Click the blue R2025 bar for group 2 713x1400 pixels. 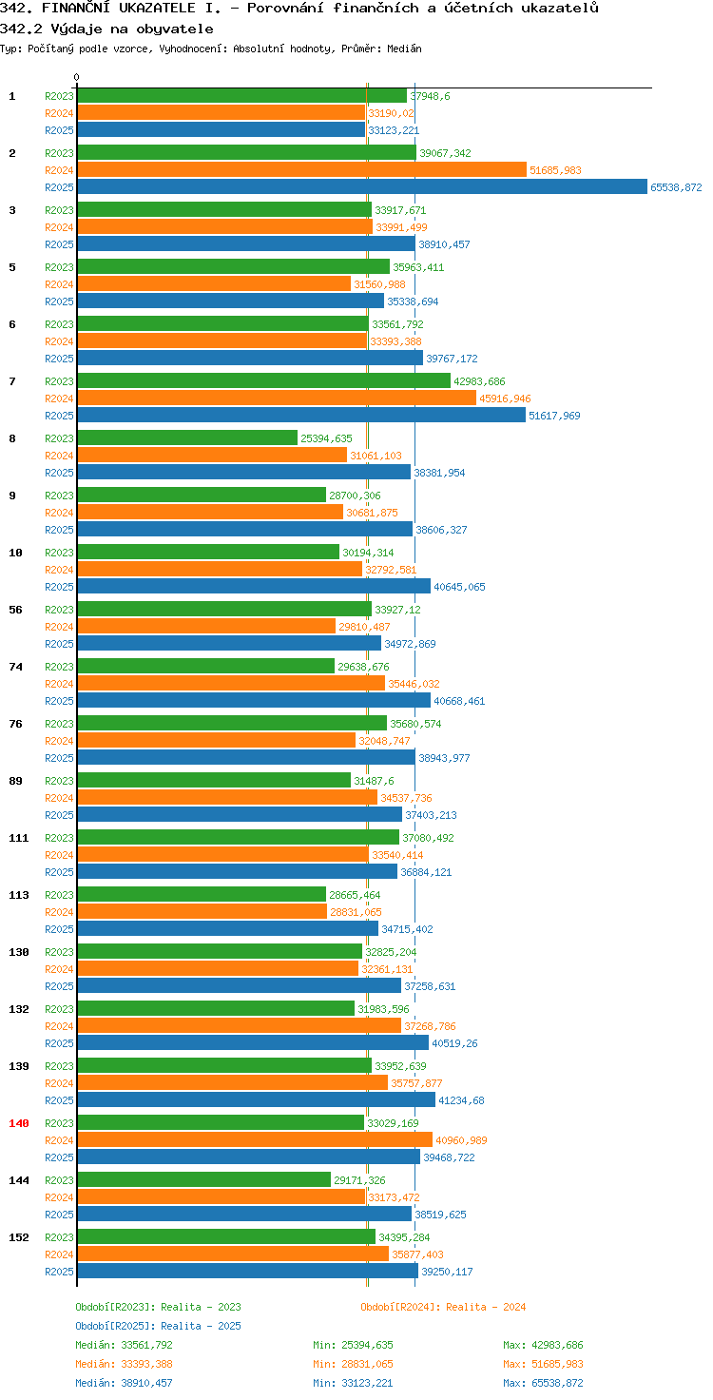362,186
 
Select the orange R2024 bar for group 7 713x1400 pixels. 277,399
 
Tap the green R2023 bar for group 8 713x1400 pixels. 187,438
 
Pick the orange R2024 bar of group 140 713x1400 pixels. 255,1140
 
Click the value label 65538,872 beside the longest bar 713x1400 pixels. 676,187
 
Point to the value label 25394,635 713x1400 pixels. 326,438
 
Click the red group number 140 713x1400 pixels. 19,1123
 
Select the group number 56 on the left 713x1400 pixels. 15,610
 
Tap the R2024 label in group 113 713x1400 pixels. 59,912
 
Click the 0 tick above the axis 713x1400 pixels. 76,77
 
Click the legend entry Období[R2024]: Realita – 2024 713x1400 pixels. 443,1307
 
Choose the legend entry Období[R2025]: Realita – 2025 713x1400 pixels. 158,1326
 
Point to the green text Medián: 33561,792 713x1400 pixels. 124,1345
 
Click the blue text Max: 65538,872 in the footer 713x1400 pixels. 543,1383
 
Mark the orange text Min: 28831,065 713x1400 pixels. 353,1364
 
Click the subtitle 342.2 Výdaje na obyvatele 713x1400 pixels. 106,29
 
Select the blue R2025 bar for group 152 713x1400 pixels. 247,1272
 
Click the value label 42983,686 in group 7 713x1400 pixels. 479,381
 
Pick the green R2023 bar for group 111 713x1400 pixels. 238,838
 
